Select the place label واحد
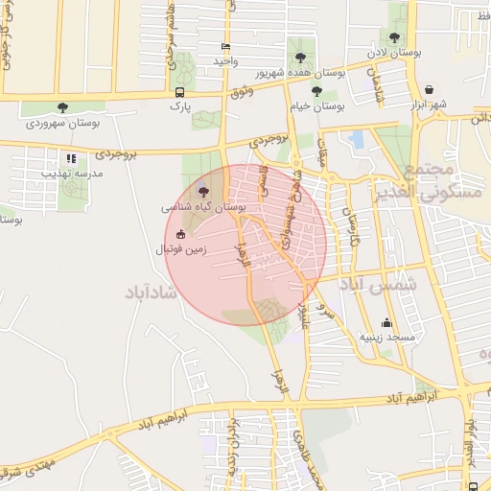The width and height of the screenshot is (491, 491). [225, 60]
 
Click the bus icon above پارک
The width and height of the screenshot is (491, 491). [180, 92]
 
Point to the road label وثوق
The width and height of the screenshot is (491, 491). [242, 92]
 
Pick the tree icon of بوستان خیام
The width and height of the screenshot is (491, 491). [316, 91]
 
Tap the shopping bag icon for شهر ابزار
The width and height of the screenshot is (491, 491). [428, 89]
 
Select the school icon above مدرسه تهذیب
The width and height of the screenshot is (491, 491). [70, 158]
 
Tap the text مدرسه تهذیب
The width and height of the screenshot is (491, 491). [71, 174]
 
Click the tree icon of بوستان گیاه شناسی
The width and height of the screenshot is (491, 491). [201, 191]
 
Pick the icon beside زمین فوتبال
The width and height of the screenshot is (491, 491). [180, 234]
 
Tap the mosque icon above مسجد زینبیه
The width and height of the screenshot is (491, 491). [386, 322]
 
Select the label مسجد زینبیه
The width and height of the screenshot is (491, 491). [387, 338]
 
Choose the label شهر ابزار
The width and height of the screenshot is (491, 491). [427, 104]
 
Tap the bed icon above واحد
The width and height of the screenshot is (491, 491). [225, 46]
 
